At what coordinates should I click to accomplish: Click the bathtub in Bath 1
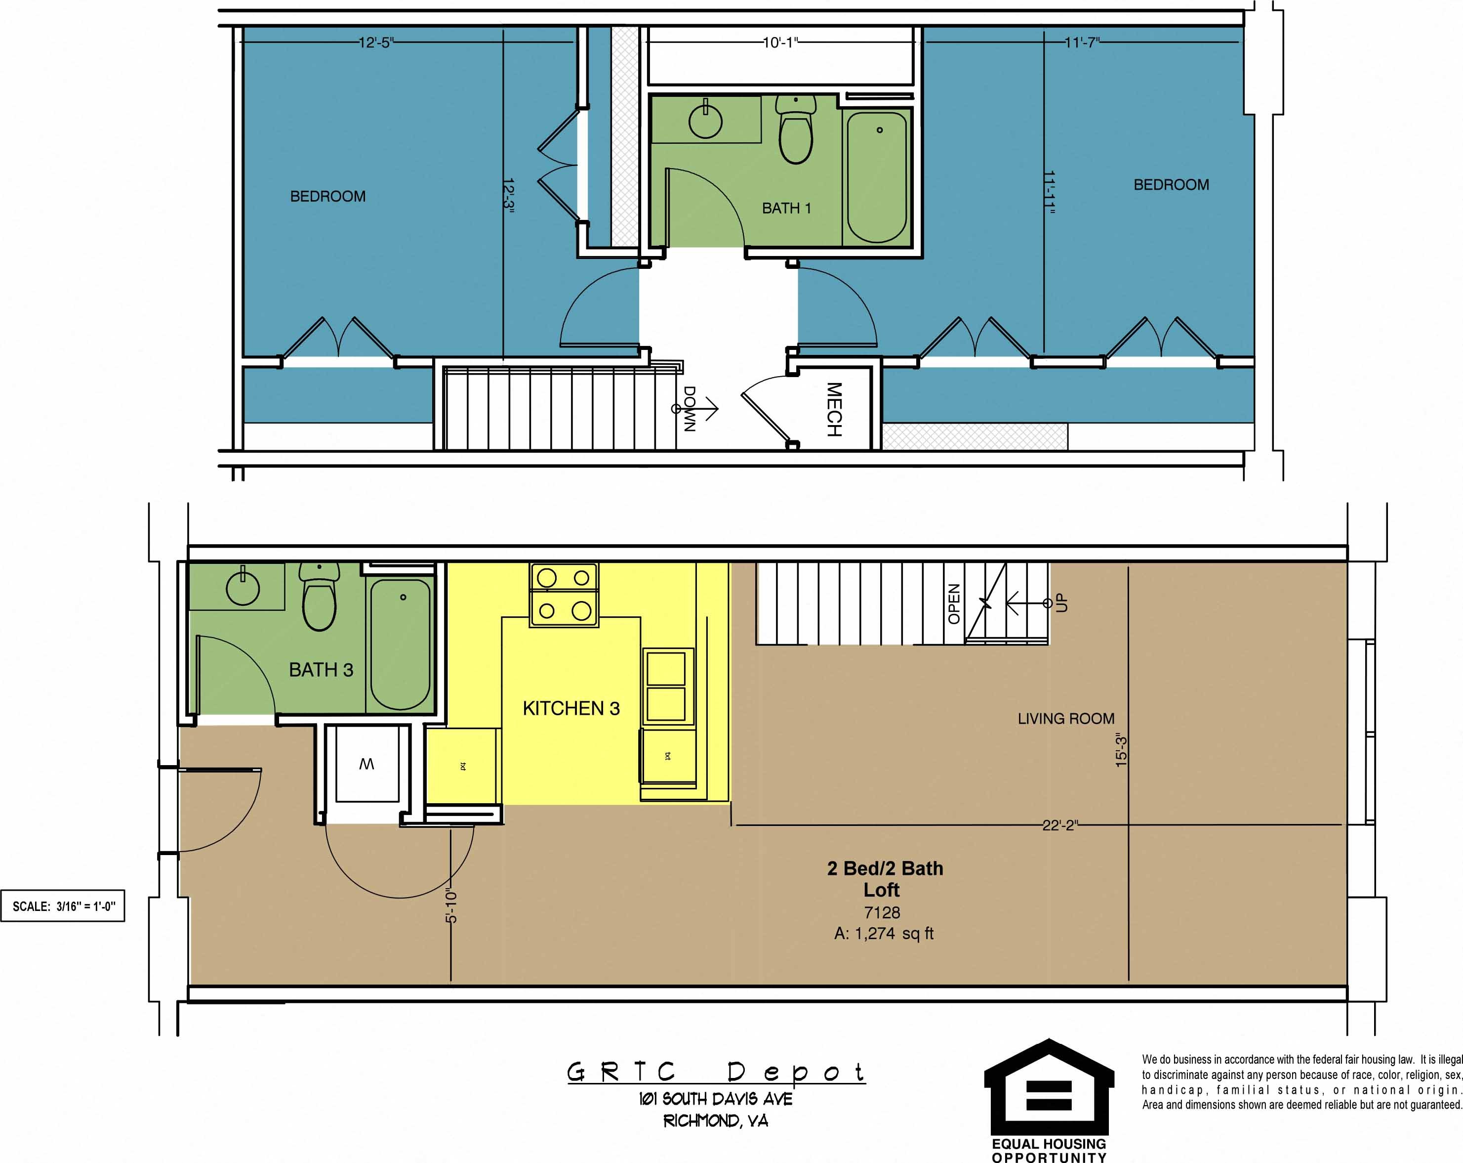pyautogui.click(x=877, y=178)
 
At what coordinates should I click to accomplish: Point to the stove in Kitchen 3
pyautogui.click(x=563, y=595)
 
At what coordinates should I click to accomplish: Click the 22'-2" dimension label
pyautogui.click(x=1059, y=825)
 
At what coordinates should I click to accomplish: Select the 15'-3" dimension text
pyautogui.click(x=1121, y=752)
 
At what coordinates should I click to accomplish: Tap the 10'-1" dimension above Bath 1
pyautogui.click(x=780, y=43)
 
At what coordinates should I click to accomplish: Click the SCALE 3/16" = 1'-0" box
pyautogui.click(x=63, y=906)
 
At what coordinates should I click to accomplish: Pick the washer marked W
pyautogui.click(x=366, y=765)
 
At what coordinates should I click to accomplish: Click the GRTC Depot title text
pyautogui.click(x=716, y=1072)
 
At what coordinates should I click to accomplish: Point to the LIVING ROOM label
pyautogui.click(x=1065, y=718)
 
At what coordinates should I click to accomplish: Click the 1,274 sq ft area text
pyautogui.click(x=884, y=934)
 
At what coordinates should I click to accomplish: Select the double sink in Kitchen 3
pyautogui.click(x=666, y=687)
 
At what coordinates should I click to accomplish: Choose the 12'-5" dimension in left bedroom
pyautogui.click(x=375, y=43)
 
